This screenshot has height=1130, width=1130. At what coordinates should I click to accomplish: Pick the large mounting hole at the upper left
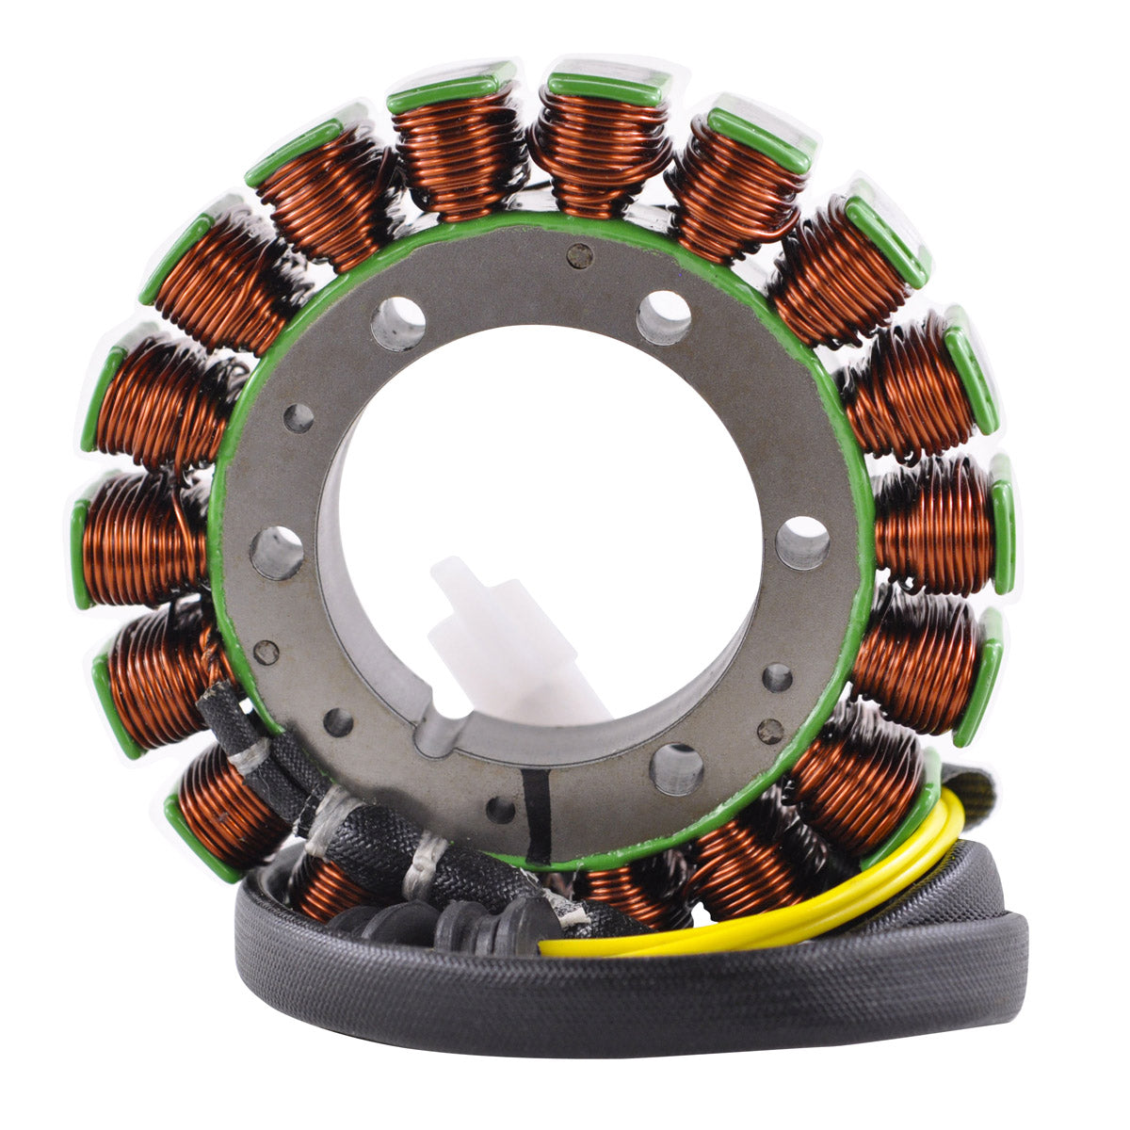[x=398, y=323]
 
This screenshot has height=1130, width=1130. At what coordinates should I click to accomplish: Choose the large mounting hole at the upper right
[x=664, y=317]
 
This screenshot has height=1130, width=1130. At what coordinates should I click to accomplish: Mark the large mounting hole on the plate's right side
[x=802, y=542]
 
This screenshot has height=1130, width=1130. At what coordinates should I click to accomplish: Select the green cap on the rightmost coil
[x=1002, y=523]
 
